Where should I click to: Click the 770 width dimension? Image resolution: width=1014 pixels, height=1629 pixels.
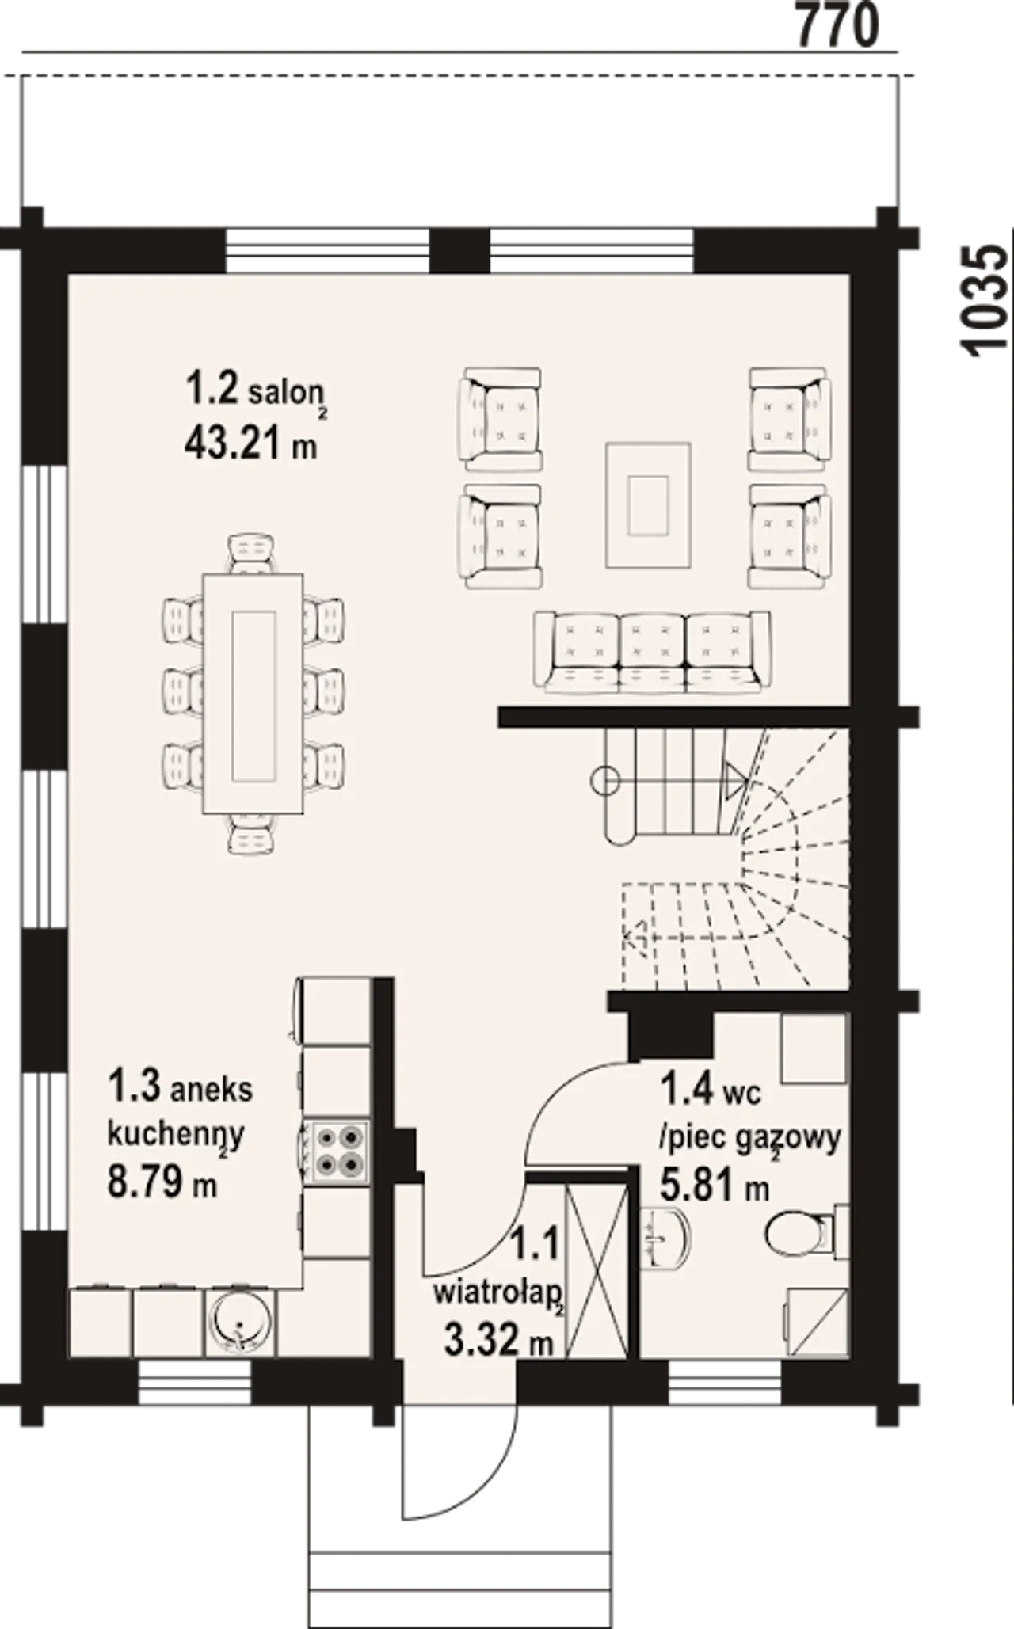point(837,25)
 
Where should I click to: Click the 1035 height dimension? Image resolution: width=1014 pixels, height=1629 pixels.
point(984,299)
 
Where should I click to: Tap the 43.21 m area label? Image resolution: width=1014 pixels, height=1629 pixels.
point(251,444)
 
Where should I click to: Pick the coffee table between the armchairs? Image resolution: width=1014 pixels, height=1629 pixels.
point(649,505)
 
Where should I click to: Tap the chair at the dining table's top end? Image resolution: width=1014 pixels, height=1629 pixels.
point(252,554)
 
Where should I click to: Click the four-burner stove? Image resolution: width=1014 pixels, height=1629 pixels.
point(336,1151)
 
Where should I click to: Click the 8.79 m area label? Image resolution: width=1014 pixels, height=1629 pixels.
point(162,1184)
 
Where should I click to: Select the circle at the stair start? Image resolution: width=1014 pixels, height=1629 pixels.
point(606,781)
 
